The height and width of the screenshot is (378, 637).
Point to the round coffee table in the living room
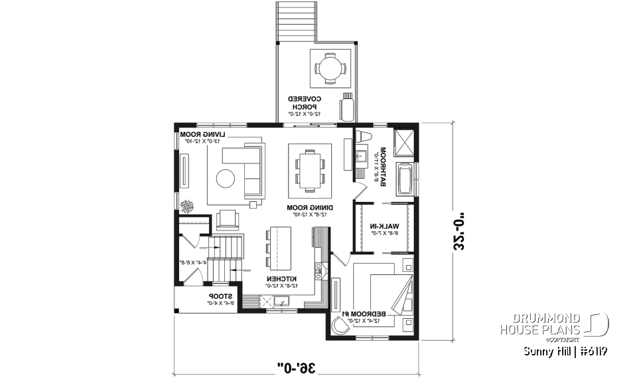point(226,179)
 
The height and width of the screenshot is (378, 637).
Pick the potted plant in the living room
point(188,206)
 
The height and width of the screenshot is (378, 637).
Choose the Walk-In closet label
point(383,229)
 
